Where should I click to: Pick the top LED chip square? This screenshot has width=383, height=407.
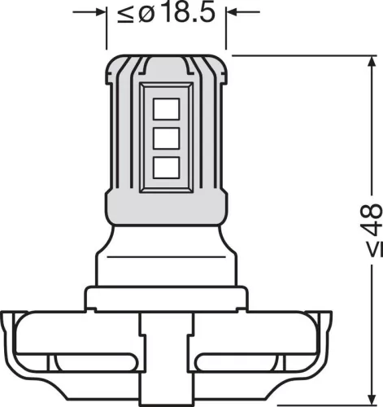pyautogui.click(x=165, y=107)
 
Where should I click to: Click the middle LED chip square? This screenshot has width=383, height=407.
pyautogui.click(x=165, y=137)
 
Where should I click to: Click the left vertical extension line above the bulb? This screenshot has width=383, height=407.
pyautogui.click(x=107, y=33)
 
